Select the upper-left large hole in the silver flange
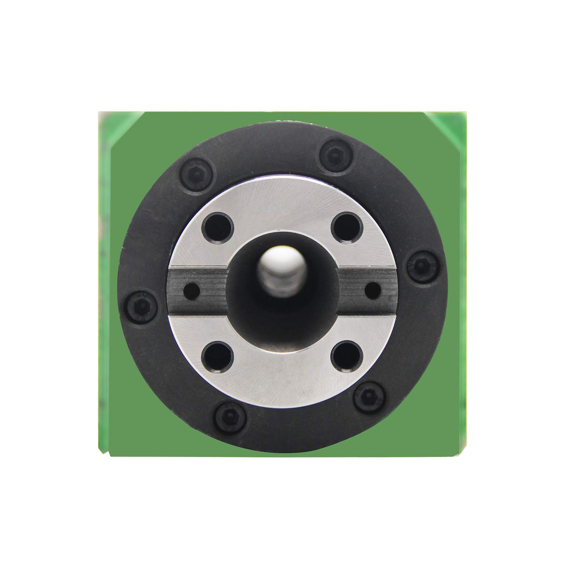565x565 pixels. tap(218, 228)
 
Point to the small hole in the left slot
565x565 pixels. tap(191, 290)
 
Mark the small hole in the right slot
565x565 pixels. tap(373, 290)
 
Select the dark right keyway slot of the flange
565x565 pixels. tap(362, 290)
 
